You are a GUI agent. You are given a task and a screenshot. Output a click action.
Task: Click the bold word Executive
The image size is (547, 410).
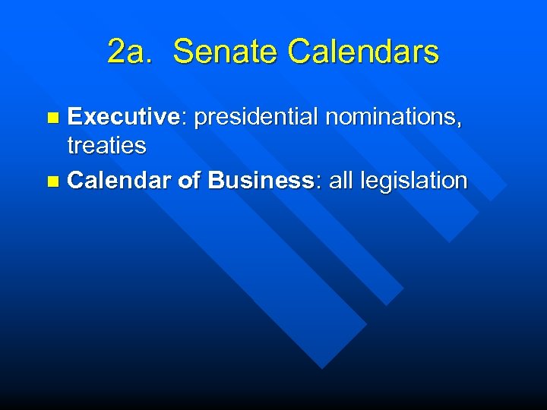click(x=122, y=117)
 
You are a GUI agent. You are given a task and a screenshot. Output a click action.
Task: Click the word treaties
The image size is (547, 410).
click(x=106, y=145)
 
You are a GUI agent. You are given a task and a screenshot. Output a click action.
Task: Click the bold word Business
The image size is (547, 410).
click(x=261, y=181)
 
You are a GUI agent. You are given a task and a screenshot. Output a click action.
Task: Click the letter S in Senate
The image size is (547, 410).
click(x=183, y=52)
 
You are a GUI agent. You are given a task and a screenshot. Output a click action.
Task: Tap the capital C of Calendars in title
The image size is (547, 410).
click(x=302, y=52)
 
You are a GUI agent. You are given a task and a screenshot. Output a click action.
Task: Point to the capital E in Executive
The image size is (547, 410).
click(x=75, y=117)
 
